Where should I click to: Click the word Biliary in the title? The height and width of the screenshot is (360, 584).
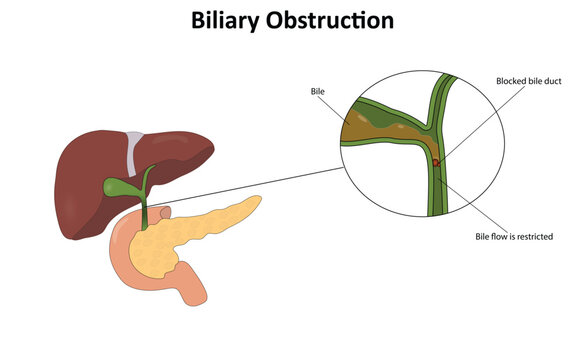pos(236,20)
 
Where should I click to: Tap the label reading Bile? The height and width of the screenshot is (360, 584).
pos(319,91)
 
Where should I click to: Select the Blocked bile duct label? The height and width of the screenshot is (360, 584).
pos(532,80)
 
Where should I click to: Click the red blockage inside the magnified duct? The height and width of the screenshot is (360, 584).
pos(435,162)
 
